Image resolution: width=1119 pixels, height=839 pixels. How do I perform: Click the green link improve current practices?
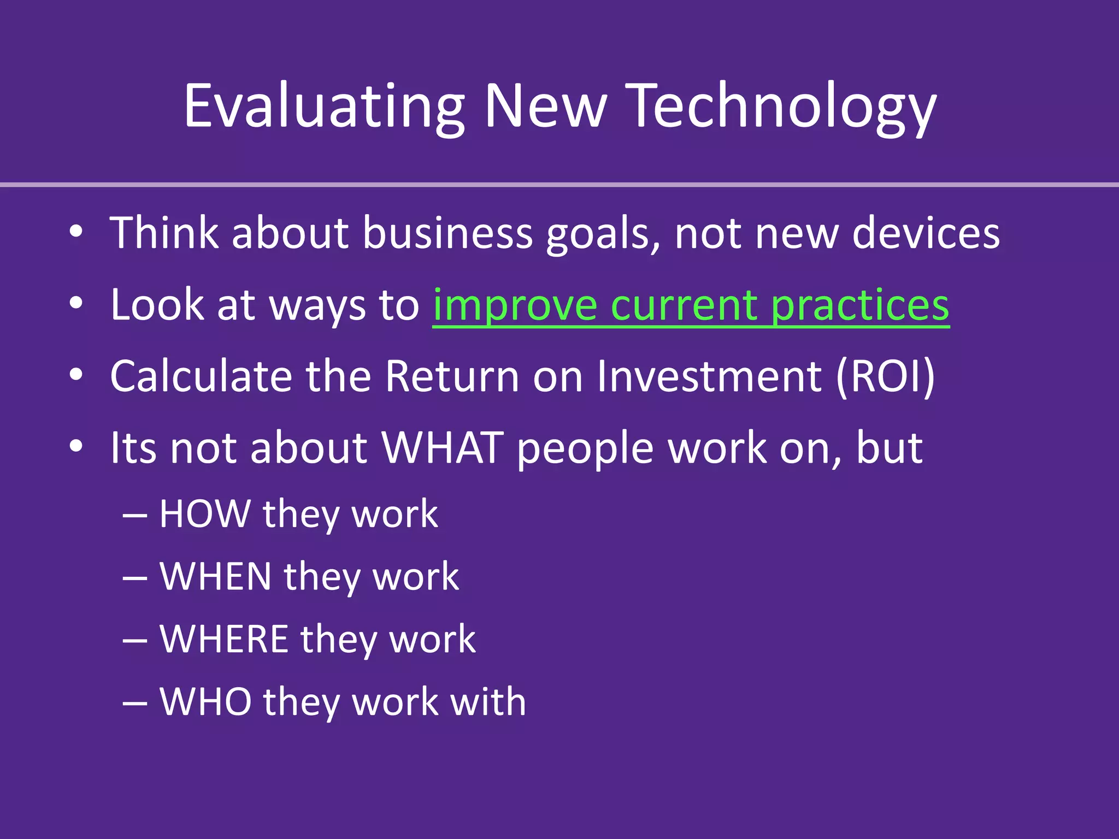click(x=691, y=305)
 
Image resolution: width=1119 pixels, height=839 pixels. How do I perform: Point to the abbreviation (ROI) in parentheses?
click(x=885, y=376)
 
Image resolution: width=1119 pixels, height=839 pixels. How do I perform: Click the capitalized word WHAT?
click(x=442, y=448)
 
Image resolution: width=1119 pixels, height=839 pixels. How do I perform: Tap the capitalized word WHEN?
click(x=215, y=577)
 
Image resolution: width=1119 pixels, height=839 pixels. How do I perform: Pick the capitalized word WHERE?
click(x=223, y=639)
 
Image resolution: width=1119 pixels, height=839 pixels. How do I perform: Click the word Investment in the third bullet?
click(x=709, y=376)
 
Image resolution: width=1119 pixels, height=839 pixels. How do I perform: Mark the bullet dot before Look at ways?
click(x=76, y=303)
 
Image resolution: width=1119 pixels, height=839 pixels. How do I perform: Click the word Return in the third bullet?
click(x=452, y=376)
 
